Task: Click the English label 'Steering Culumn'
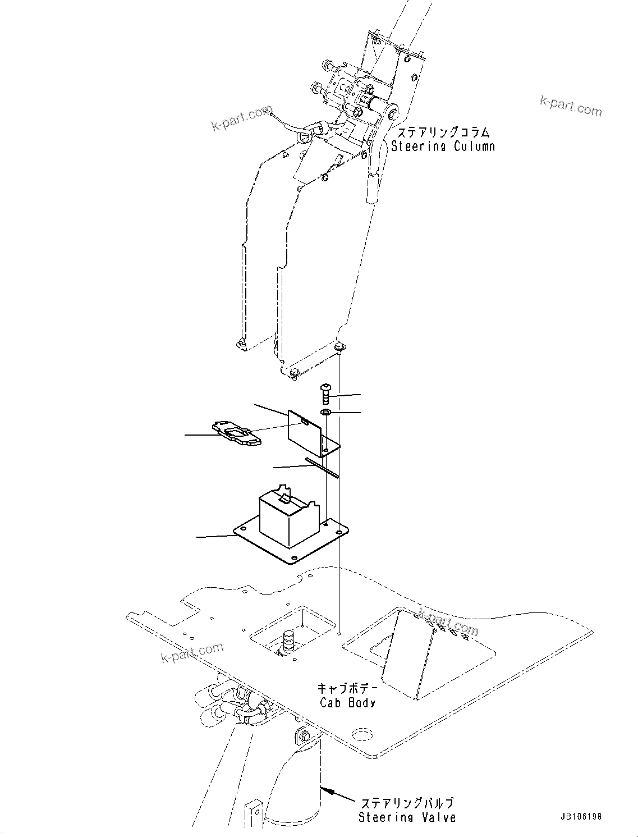[443, 147]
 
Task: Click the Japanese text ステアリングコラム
[443, 132]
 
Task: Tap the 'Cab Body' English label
[347, 702]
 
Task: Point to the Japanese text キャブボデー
[347, 688]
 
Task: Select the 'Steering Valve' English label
[407, 817]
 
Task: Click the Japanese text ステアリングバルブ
[407, 803]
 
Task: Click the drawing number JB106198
[580, 816]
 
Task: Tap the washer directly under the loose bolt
[326, 413]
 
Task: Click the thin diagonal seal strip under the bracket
[322, 468]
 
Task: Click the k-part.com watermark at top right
[570, 105]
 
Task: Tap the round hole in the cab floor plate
[362, 735]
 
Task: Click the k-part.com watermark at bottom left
[192, 653]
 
